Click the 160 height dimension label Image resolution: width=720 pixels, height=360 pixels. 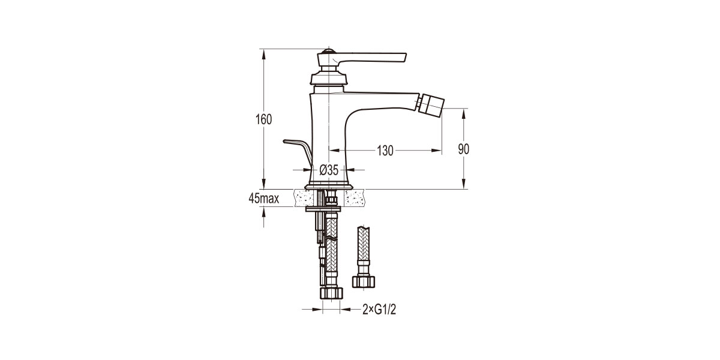point(262,119)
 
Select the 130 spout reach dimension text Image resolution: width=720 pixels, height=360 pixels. point(385,151)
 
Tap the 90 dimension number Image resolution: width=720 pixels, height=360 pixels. point(464,150)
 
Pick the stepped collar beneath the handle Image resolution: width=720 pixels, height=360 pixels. point(328,79)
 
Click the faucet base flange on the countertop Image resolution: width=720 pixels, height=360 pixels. point(328,185)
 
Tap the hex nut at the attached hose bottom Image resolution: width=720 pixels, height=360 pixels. point(331,293)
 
